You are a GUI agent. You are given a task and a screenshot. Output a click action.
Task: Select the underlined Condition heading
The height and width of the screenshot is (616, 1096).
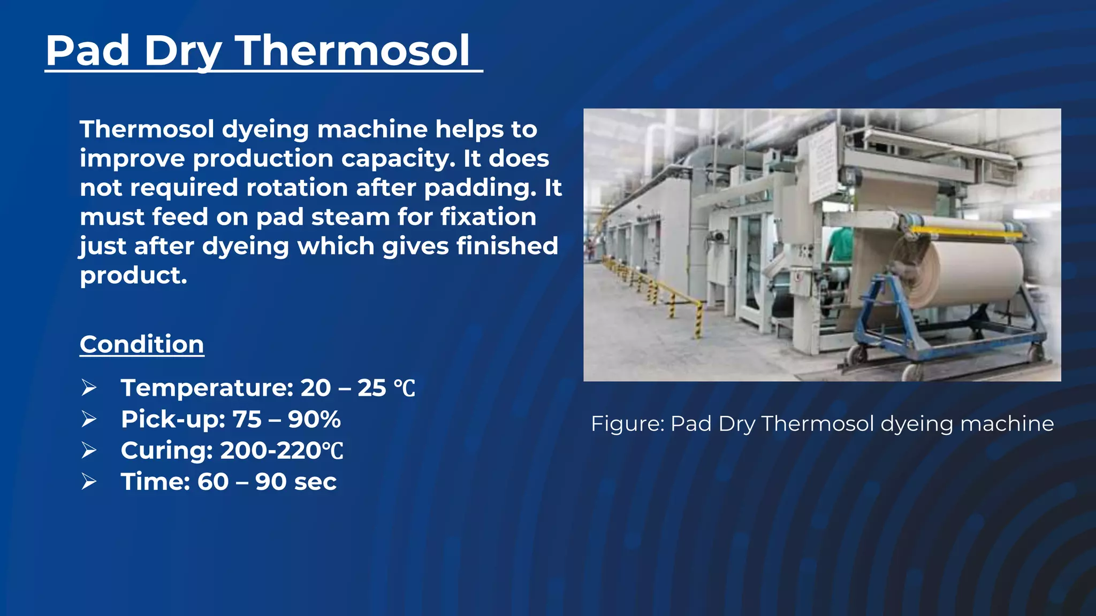tap(142, 344)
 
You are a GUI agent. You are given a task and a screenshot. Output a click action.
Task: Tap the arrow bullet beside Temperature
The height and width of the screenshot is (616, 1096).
tap(89, 388)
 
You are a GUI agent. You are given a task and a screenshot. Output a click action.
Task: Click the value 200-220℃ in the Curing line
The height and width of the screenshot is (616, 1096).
tap(281, 450)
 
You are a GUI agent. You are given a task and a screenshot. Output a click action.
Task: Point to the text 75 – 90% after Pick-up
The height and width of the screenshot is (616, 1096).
tap(286, 419)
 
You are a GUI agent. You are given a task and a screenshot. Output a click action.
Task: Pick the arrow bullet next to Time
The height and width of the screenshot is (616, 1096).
tap(89, 482)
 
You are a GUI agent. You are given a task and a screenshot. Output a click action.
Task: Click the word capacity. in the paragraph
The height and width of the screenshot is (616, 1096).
tap(399, 159)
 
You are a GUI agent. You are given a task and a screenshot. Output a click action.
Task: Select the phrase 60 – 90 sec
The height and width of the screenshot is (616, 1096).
tap(267, 482)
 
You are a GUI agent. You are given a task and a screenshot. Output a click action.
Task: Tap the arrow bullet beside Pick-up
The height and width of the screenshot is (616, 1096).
tap(89, 419)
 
